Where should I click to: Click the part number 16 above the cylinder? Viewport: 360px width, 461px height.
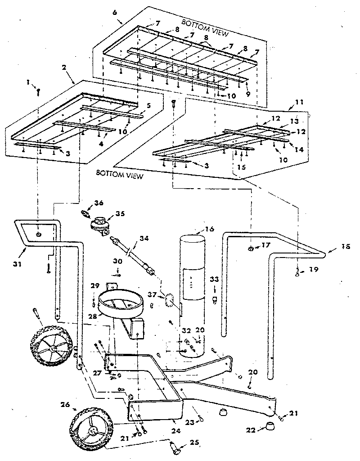[x=209, y=229]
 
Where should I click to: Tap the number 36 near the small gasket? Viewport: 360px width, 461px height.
[x=99, y=203]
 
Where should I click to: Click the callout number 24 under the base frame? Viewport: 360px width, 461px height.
[x=176, y=431]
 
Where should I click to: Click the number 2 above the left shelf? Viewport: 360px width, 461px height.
[x=64, y=68]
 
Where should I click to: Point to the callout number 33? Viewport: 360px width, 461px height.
[x=214, y=279]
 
